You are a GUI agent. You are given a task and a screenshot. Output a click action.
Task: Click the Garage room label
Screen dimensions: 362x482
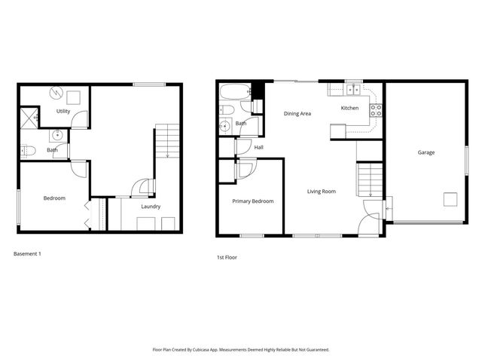(426, 152)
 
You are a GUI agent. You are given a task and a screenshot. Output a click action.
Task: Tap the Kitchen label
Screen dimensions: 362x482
(349, 108)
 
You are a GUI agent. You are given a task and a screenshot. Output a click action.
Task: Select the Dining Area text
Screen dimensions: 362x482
(297, 114)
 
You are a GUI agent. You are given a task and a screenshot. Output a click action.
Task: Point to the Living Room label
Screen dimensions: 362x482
(322, 192)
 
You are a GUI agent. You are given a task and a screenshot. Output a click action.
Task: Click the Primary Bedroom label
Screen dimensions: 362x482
(252, 201)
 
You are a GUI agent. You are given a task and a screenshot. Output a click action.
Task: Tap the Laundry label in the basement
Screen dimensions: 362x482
(150, 206)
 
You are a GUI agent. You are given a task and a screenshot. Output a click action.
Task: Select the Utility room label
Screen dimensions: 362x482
(63, 112)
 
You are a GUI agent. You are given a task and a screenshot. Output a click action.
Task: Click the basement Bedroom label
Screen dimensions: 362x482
(54, 198)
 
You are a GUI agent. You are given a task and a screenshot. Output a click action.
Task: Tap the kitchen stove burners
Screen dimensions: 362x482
(376, 112)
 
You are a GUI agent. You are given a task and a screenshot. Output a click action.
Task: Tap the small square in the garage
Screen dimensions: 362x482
(450, 199)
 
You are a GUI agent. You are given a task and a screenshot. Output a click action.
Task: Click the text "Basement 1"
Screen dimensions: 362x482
(27, 253)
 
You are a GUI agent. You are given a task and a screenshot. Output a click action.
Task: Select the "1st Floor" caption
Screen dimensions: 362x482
(227, 257)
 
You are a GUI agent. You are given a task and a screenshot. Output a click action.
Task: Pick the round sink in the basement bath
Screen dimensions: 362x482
(58, 137)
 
